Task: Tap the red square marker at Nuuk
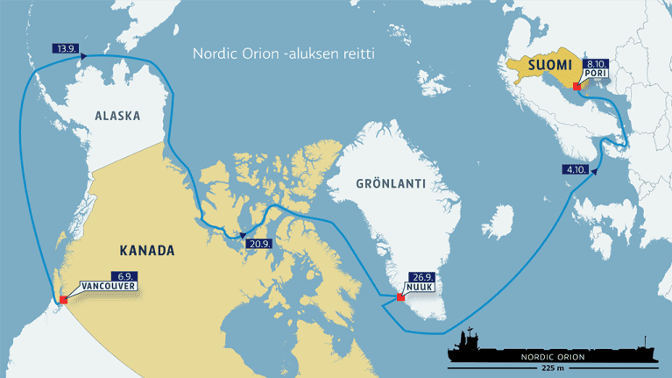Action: pos(401,296)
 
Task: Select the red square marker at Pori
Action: pos(576,86)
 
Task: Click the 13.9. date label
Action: pos(65,48)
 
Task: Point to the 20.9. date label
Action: pos(258,243)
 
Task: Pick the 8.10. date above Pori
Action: pos(596,64)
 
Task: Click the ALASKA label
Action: pos(117,116)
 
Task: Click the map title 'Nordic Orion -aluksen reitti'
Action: pos(283,54)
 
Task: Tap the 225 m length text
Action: pos(552,368)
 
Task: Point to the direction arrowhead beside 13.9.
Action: pos(84,55)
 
